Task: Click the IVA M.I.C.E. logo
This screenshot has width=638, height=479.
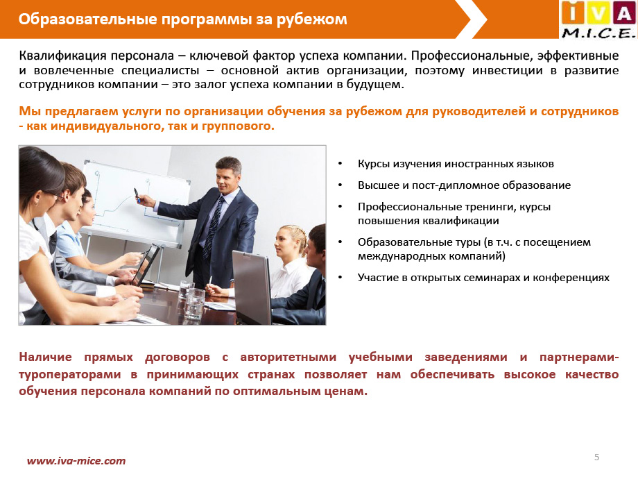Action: [598, 20]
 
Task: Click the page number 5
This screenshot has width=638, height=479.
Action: [596, 457]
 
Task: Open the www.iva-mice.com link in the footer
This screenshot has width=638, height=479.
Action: [76, 461]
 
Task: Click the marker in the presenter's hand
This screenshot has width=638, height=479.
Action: [137, 195]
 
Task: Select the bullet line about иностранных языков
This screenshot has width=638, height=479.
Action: [456, 164]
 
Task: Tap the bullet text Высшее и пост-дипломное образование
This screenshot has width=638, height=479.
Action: [464, 185]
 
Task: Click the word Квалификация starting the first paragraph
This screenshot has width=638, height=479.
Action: [63, 56]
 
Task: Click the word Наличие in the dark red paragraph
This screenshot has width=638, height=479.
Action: [46, 357]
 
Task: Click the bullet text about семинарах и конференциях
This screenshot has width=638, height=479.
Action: [483, 278]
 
